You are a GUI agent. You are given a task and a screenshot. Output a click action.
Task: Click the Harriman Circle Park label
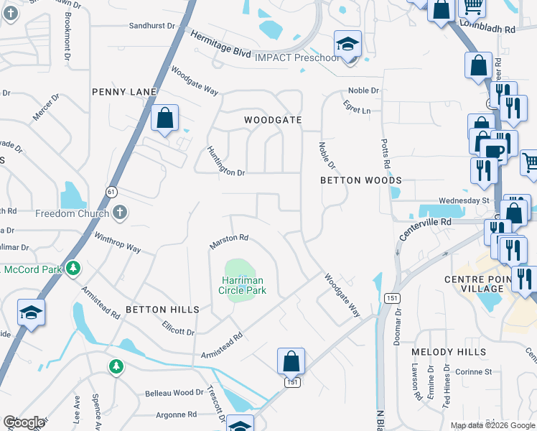tap(242, 285)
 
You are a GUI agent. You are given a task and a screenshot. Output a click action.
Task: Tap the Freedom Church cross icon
tap(121, 213)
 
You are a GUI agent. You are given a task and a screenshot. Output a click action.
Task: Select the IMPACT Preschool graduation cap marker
tap(348, 45)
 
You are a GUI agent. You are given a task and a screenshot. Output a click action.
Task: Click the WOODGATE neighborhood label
tap(272, 120)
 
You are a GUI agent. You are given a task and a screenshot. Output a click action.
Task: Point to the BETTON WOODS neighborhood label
tap(360, 180)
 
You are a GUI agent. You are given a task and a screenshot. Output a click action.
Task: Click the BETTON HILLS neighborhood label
tap(162, 309)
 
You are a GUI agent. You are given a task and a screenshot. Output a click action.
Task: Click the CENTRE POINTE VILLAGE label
tap(474, 283)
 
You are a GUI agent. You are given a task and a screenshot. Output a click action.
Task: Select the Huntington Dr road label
tap(225, 162)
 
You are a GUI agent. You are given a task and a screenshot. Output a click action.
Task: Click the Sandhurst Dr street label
tap(152, 25)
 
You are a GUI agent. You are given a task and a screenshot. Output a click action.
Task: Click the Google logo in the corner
tap(24, 422)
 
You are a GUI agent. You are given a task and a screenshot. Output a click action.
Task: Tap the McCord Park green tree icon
tap(72, 269)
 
